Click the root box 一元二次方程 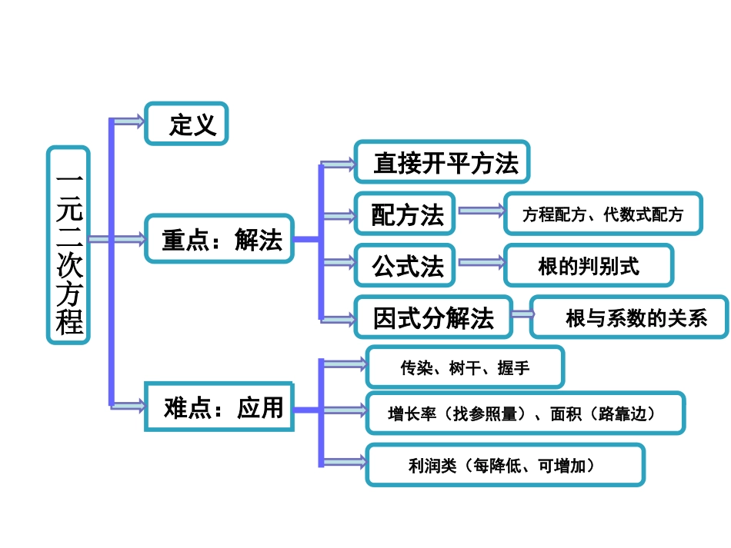tap(68, 244)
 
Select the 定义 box tap(187, 123)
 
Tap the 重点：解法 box tap(220, 239)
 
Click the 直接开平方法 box tap(442, 161)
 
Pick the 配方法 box tap(405, 214)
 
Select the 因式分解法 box tap(433, 317)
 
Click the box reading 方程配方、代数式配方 tap(603, 214)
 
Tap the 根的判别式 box tap(589, 265)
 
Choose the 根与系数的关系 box tap(629, 317)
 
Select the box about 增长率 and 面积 tap(525, 413)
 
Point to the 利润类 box tap(505, 464)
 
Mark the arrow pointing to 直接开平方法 tap(339, 164)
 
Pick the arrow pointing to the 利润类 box tap(344, 463)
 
